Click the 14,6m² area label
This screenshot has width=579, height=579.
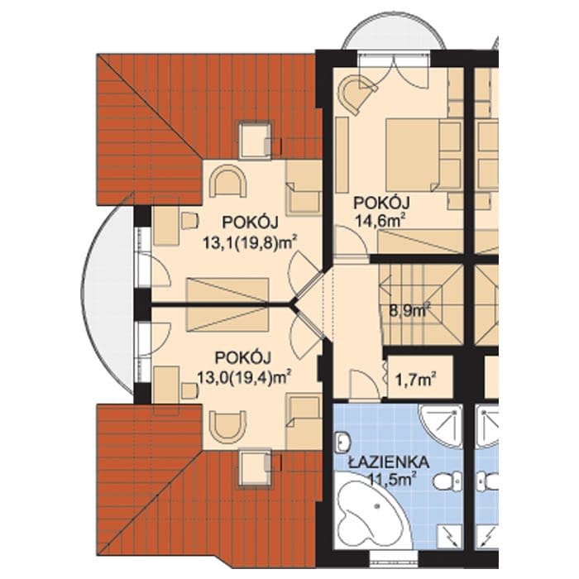coord(380,221)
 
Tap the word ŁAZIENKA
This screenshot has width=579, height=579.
coord(389,462)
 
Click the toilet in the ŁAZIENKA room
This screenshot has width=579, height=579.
coord(447,480)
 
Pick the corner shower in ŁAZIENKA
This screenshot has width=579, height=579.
coord(441,425)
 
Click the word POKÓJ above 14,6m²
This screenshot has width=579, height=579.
coord(382,203)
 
